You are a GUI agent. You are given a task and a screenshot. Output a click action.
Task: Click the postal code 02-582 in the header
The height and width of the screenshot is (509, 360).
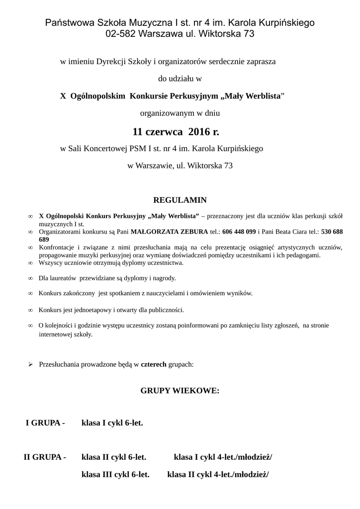121,34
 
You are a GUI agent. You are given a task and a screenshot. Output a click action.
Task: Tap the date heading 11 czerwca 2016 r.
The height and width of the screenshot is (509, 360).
176,132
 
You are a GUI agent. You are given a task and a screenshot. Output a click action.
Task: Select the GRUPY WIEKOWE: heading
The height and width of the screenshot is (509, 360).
180,391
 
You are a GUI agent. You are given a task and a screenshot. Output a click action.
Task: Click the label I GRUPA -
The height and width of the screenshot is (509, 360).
45,423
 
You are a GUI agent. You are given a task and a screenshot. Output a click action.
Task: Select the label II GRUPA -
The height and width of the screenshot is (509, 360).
45,457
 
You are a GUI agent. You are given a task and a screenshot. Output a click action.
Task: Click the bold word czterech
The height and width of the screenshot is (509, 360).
154,364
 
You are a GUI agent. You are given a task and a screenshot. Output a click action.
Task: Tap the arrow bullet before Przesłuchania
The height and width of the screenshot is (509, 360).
30,364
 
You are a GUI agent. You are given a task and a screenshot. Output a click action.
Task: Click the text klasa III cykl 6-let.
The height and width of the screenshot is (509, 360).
115,475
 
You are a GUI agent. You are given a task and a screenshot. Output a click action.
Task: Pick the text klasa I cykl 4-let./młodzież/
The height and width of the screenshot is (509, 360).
223,457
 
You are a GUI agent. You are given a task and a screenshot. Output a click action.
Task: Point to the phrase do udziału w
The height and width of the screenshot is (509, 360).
180,78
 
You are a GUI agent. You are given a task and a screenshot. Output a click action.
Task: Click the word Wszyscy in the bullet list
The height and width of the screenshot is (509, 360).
51,262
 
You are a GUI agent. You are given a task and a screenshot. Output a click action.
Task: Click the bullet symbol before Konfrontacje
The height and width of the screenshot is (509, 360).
30,247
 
